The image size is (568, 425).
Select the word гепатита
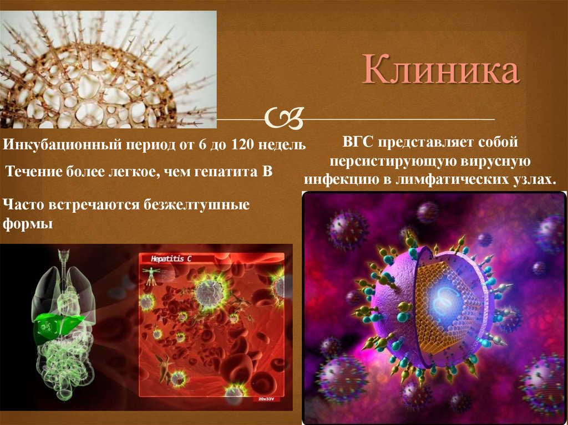coord(226,172)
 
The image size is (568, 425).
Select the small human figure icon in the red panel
coord(150,276)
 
